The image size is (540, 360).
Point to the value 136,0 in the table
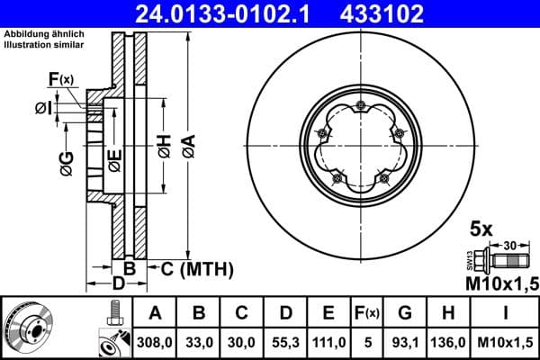[x=449, y=341]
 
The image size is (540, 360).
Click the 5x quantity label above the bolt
[x=481, y=229]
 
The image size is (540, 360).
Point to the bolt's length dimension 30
[x=511, y=245]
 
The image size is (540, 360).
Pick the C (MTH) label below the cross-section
[x=196, y=268]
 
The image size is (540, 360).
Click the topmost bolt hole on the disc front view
[x=360, y=107]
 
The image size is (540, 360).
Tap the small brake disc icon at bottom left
[x=27, y=326]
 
